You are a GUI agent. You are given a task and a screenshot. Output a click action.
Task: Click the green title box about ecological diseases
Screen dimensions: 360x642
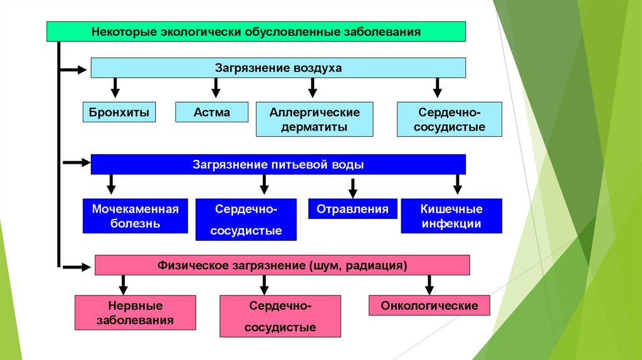(x=256, y=31)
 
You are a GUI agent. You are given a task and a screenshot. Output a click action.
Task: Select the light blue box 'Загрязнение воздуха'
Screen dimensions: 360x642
(x=278, y=68)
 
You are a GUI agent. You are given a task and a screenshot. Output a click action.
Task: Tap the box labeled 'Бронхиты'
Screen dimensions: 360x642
(x=119, y=113)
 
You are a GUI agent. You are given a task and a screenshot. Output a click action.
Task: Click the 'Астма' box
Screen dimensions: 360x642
(x=211, y=113)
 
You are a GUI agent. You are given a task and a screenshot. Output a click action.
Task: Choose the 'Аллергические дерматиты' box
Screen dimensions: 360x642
(x=315, y=120)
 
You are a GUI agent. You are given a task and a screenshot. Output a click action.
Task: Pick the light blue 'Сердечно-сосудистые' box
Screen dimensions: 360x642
(x=450, y=120)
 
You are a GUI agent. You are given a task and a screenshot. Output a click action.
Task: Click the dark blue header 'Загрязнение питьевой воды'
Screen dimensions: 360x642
(x=278, y=165)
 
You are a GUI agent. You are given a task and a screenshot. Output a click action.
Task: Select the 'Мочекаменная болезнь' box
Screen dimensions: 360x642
(x=135, y=216)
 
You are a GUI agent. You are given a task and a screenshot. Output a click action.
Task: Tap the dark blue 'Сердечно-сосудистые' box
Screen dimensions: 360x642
(x=246, y=220)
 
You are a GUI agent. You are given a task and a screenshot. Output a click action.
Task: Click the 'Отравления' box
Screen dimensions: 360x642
(x=352, y=209)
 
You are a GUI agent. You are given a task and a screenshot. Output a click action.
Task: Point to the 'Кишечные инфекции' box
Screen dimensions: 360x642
(x=451, y=216)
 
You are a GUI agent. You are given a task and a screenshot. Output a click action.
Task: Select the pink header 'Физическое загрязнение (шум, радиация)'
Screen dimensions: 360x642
(x=282, y=265)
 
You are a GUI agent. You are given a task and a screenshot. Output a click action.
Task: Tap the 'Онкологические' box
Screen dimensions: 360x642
(x=429, y=306)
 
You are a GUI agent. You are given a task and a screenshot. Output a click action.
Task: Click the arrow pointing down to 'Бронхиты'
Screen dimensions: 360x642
(x=115, y=87)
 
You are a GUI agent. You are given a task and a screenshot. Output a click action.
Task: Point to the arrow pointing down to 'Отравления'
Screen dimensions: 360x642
(x=353, y=188)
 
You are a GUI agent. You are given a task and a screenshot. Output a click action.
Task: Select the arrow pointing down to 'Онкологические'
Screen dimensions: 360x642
(x=429, y=285)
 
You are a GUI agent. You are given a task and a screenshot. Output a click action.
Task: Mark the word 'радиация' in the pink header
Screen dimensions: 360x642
(x=383, y=266)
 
